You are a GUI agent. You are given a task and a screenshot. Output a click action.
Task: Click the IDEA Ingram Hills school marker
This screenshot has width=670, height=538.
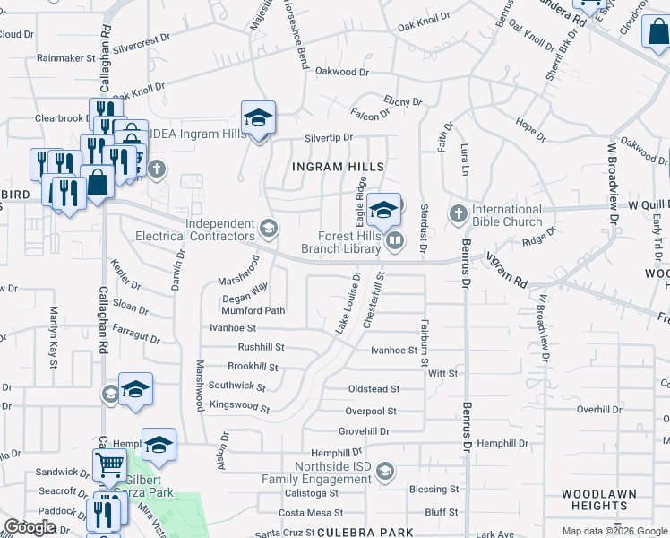[258, 118]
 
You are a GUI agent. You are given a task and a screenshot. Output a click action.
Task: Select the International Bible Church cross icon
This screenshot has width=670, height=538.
[459, 213]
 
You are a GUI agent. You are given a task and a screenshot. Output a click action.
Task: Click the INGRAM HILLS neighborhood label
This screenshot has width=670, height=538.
[339, 167]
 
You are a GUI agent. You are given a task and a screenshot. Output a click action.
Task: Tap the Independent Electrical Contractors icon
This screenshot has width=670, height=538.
[268, 226]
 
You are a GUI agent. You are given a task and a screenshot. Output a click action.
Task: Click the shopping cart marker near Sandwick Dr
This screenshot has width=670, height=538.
[108, 464]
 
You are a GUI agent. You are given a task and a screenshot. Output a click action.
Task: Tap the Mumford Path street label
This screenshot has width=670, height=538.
[253, 311]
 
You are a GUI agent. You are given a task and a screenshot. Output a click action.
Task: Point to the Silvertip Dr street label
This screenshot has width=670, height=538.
[329, 138]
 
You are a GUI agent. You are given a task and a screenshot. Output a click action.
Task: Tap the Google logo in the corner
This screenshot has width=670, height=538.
[30, 527]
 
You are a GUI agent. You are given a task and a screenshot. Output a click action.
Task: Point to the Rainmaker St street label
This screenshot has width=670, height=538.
[66, 57]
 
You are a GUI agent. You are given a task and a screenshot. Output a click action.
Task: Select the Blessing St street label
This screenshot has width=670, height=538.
[433, 490]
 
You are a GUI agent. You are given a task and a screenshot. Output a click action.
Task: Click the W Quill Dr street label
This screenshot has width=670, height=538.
[643, 205]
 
